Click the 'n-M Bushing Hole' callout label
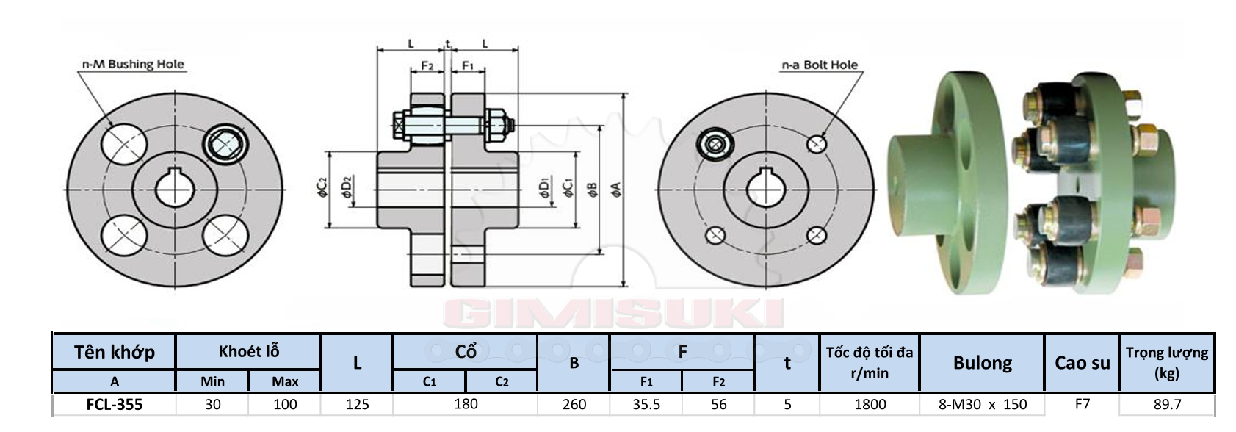[x=133, y=64]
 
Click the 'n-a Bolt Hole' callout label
[x=820, y=65]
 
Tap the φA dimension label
[x=615, y=190]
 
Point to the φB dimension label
[x=592, y=190]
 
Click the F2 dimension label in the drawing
[x=427, y=65]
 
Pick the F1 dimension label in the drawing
[x=467, y=65]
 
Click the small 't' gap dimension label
[x=447, y=43]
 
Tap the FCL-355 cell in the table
[x=115, y=404]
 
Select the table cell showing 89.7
[x=1167, y=404]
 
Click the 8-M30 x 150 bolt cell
[x=982, y=404]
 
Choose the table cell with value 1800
[x=870, y=404]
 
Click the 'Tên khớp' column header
[x=115, y=352]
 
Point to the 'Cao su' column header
[x=1082, y=362]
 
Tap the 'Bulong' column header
[x=982, y=362]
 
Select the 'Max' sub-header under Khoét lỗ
[x=285, y=381]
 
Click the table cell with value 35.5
[x=646, y=404]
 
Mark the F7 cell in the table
[x=1082, y=404]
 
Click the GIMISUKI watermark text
[x=613, y=314]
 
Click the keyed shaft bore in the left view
[x=174, y=188]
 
